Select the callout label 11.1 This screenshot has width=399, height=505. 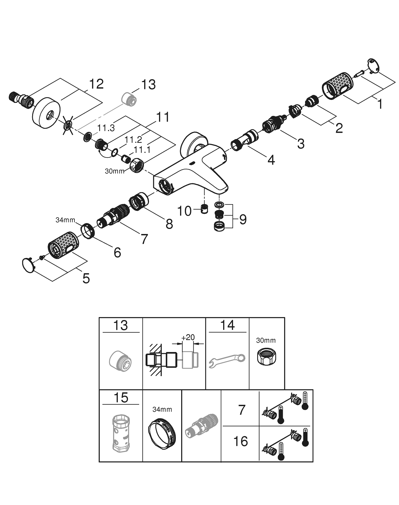142,150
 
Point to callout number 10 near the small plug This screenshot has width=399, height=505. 184,211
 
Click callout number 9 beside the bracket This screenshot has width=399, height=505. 243,220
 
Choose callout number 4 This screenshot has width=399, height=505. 271,160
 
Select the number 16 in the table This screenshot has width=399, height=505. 241,441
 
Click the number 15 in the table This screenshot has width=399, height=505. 121,398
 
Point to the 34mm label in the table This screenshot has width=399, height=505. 162,409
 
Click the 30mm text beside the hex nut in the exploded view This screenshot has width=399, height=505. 115,171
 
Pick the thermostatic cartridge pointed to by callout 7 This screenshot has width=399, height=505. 113,216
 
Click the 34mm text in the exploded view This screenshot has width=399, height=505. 65,220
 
